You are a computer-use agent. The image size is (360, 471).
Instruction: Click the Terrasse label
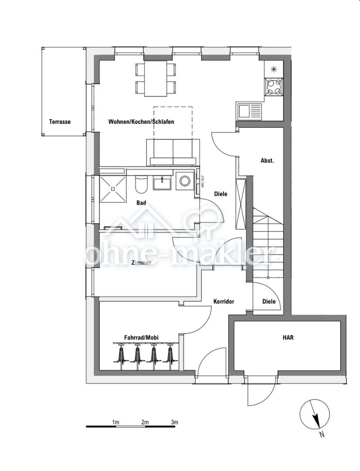point(60,122)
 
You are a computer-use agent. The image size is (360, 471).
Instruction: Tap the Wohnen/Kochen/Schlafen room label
point(141,122)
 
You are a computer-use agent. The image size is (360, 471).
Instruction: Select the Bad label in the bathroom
point(141,203)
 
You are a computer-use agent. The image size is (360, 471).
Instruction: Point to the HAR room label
point(288,337)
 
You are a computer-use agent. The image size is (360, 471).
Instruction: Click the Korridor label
point(224,301)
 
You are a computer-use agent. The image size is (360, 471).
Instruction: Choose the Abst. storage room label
point(267,160)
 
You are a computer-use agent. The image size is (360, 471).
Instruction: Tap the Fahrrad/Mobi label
point(141,338)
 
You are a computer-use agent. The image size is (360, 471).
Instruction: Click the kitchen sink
point(249,111)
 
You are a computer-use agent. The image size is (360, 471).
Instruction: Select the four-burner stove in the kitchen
point(274,86)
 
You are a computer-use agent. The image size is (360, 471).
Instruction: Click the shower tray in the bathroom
point(113,188)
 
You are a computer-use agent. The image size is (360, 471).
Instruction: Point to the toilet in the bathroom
point(141,185)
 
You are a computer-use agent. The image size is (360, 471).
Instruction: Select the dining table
point(156,78)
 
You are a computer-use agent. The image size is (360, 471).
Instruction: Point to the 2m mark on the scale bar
point(145,422)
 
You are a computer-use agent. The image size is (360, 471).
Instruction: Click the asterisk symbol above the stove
point(274,68)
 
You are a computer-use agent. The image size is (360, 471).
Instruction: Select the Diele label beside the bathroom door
point(221,194)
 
